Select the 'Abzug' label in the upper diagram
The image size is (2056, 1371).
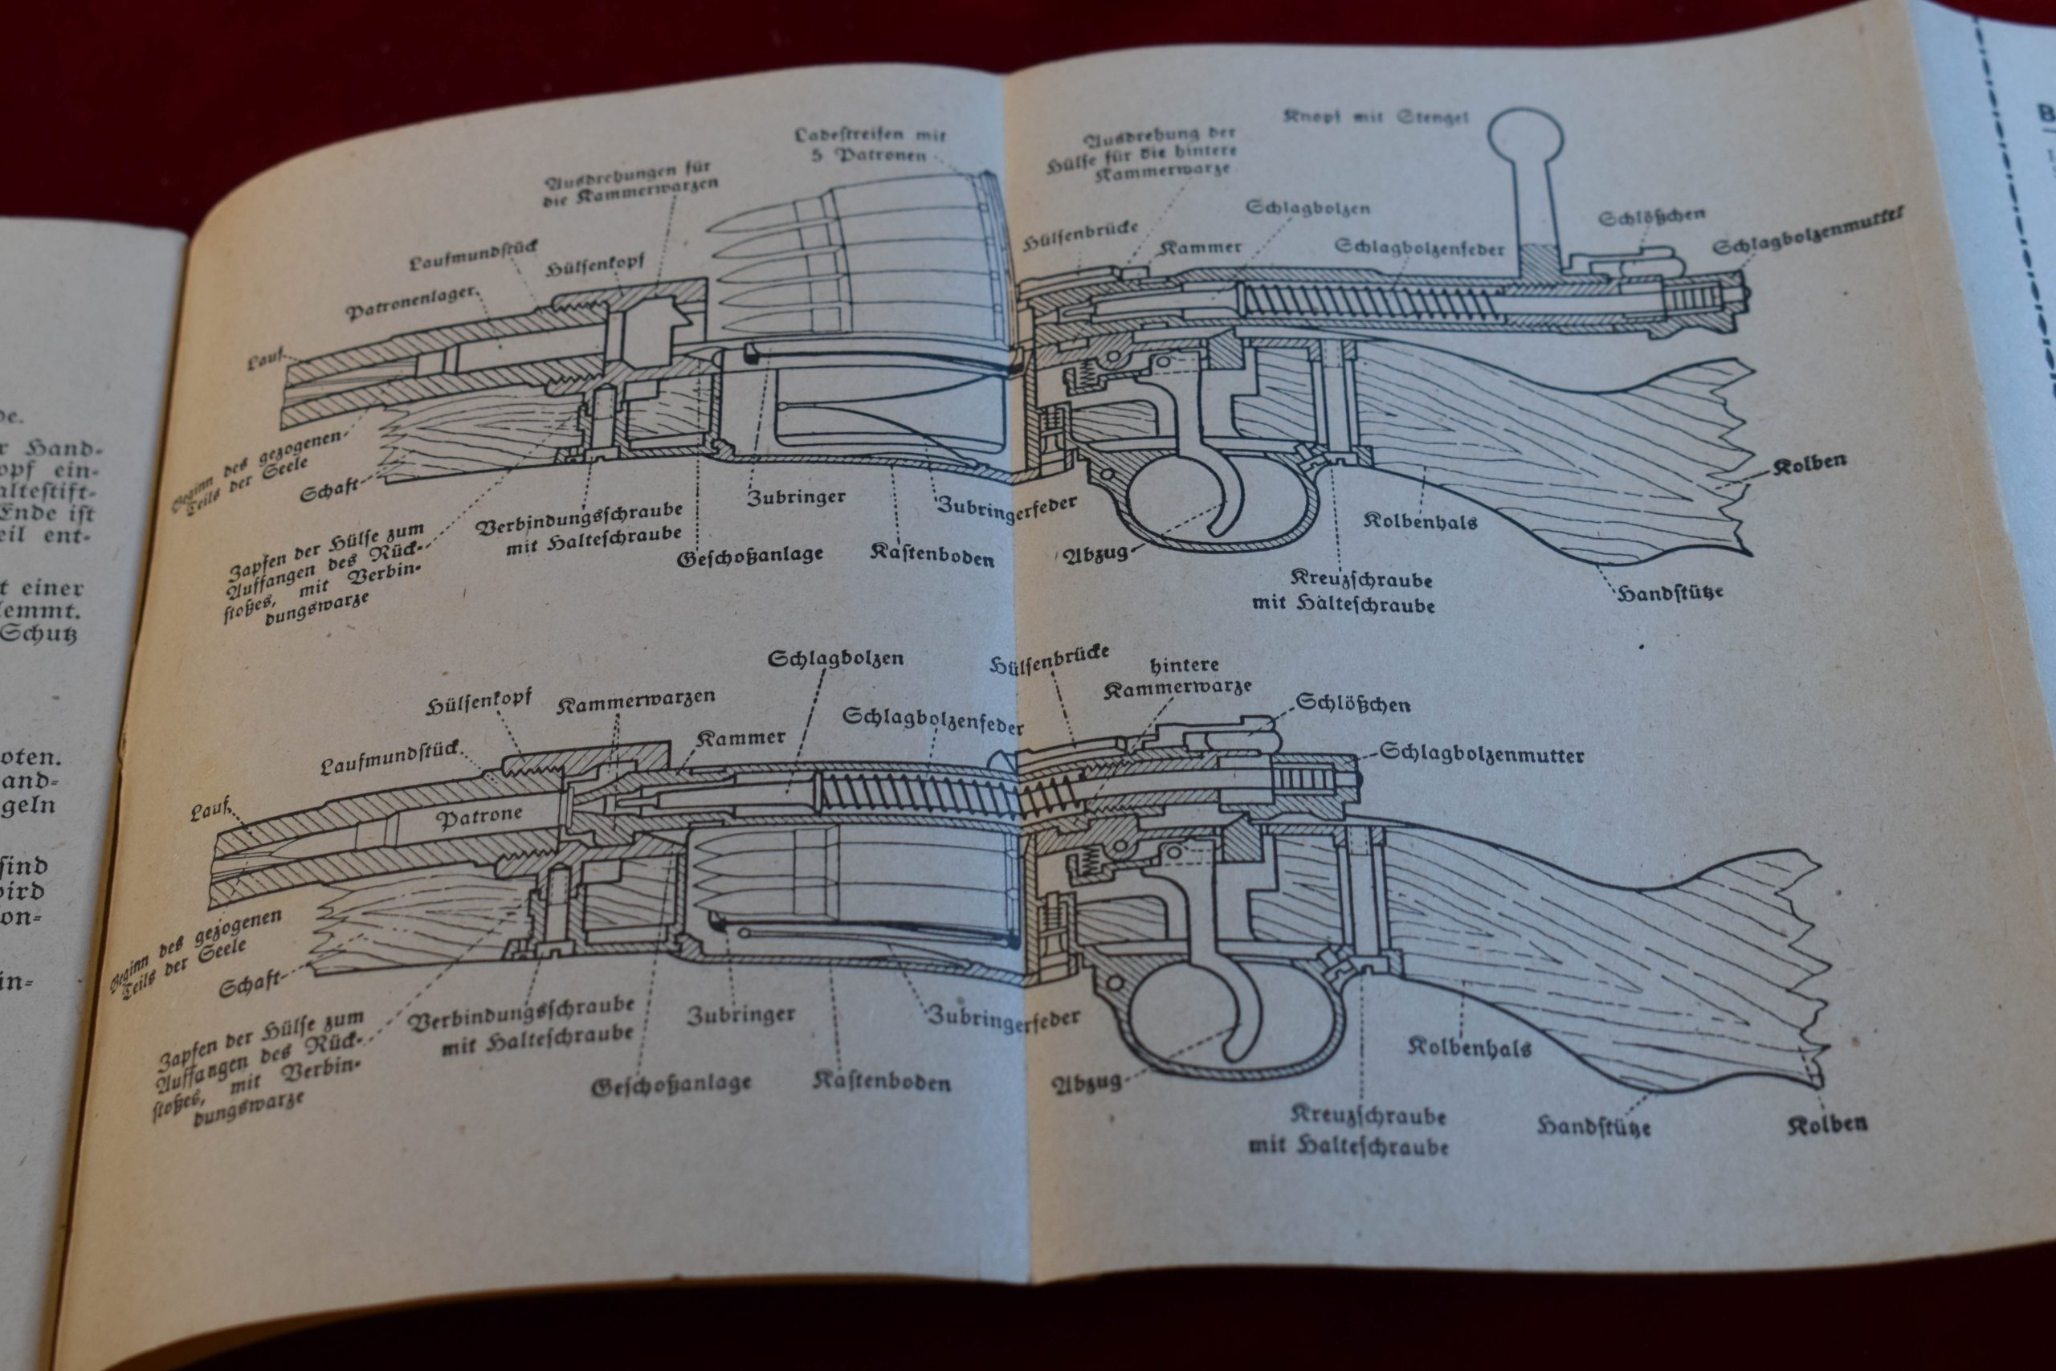(x=1093, y=554)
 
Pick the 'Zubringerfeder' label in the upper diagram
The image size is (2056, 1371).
(x=1006, y=507)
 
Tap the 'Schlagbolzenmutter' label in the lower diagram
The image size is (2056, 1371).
(x=1482, y=753)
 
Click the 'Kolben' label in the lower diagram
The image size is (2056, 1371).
(x=1827, y=1124)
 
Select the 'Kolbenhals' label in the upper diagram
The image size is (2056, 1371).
(x=1420, y=521)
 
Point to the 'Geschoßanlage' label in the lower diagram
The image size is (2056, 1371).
(x=671, y=1085)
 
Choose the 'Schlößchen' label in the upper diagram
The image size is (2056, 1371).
(x=1652, y=215)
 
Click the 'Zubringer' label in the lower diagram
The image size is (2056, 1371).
(x=741, y=1015)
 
